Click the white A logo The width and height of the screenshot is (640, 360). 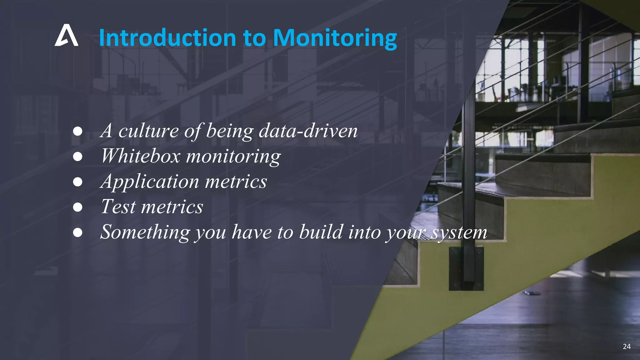click(x=66, y=35)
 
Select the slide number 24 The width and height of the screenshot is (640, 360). click(x=627, y=346)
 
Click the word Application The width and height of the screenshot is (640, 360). click(x=150, y=182)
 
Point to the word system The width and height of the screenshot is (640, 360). click(x=459, y=233)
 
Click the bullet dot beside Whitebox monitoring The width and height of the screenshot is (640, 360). click(x=77, y=156)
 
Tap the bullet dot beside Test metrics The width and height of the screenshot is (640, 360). click(x=77, y=207)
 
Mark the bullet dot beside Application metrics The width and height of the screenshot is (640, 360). click(x=77, y=182)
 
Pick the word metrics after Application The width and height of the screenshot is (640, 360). click(x=236, y=182)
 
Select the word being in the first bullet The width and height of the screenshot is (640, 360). click(x=230, y=131)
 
